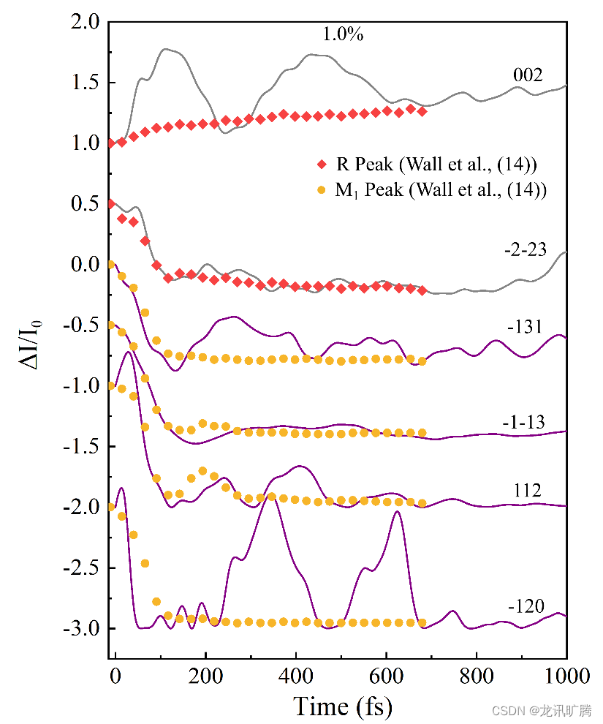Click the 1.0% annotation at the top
(x=343, y=34)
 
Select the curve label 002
(x=526, y=75)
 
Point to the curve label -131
(x=523, y=326)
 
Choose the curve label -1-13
(x=523, y=423)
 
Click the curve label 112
(x=526, y=491)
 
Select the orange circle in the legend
(x=320, y=190)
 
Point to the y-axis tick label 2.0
(x=87, y=22)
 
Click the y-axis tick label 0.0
(x=87, y=265)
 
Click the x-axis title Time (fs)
(x=342, y=706)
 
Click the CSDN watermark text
(x=542, y=710)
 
